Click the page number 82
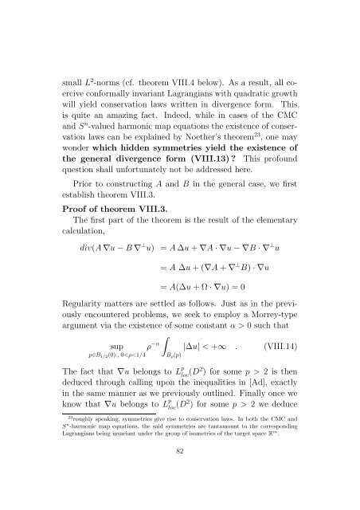180,472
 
